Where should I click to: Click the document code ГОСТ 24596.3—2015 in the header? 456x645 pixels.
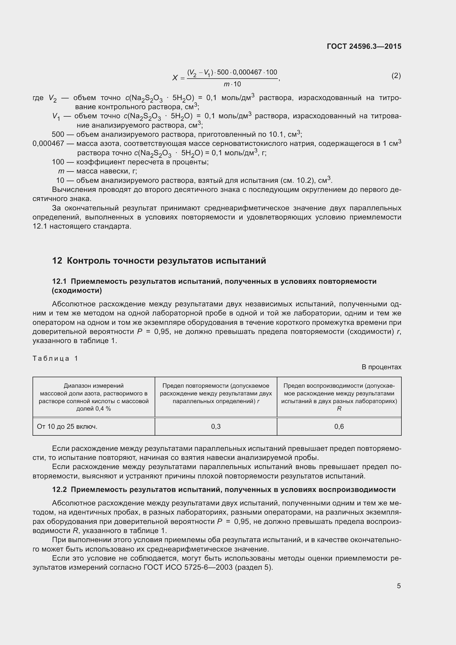click(364, 46)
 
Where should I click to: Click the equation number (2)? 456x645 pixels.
click(396, 76)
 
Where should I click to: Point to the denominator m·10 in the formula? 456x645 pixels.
click(232, 84)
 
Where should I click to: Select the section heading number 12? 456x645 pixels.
click(57, 261)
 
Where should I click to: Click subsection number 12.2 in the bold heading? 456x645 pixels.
click(59, 490)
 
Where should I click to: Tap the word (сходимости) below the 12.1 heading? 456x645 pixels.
click(77, 290)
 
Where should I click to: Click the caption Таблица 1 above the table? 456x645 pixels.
click(55, 358)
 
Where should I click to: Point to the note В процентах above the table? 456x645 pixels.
click(381, 367)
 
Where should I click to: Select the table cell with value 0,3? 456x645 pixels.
click(216, 427)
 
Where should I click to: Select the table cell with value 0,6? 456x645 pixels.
click(339, 427)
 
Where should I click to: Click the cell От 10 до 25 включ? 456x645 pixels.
click(67, 427)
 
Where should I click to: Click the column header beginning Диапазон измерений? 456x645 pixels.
click(93, 397)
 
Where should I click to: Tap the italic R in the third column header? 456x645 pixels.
click(339, 409)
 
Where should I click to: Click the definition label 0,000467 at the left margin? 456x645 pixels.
click(48, 144)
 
